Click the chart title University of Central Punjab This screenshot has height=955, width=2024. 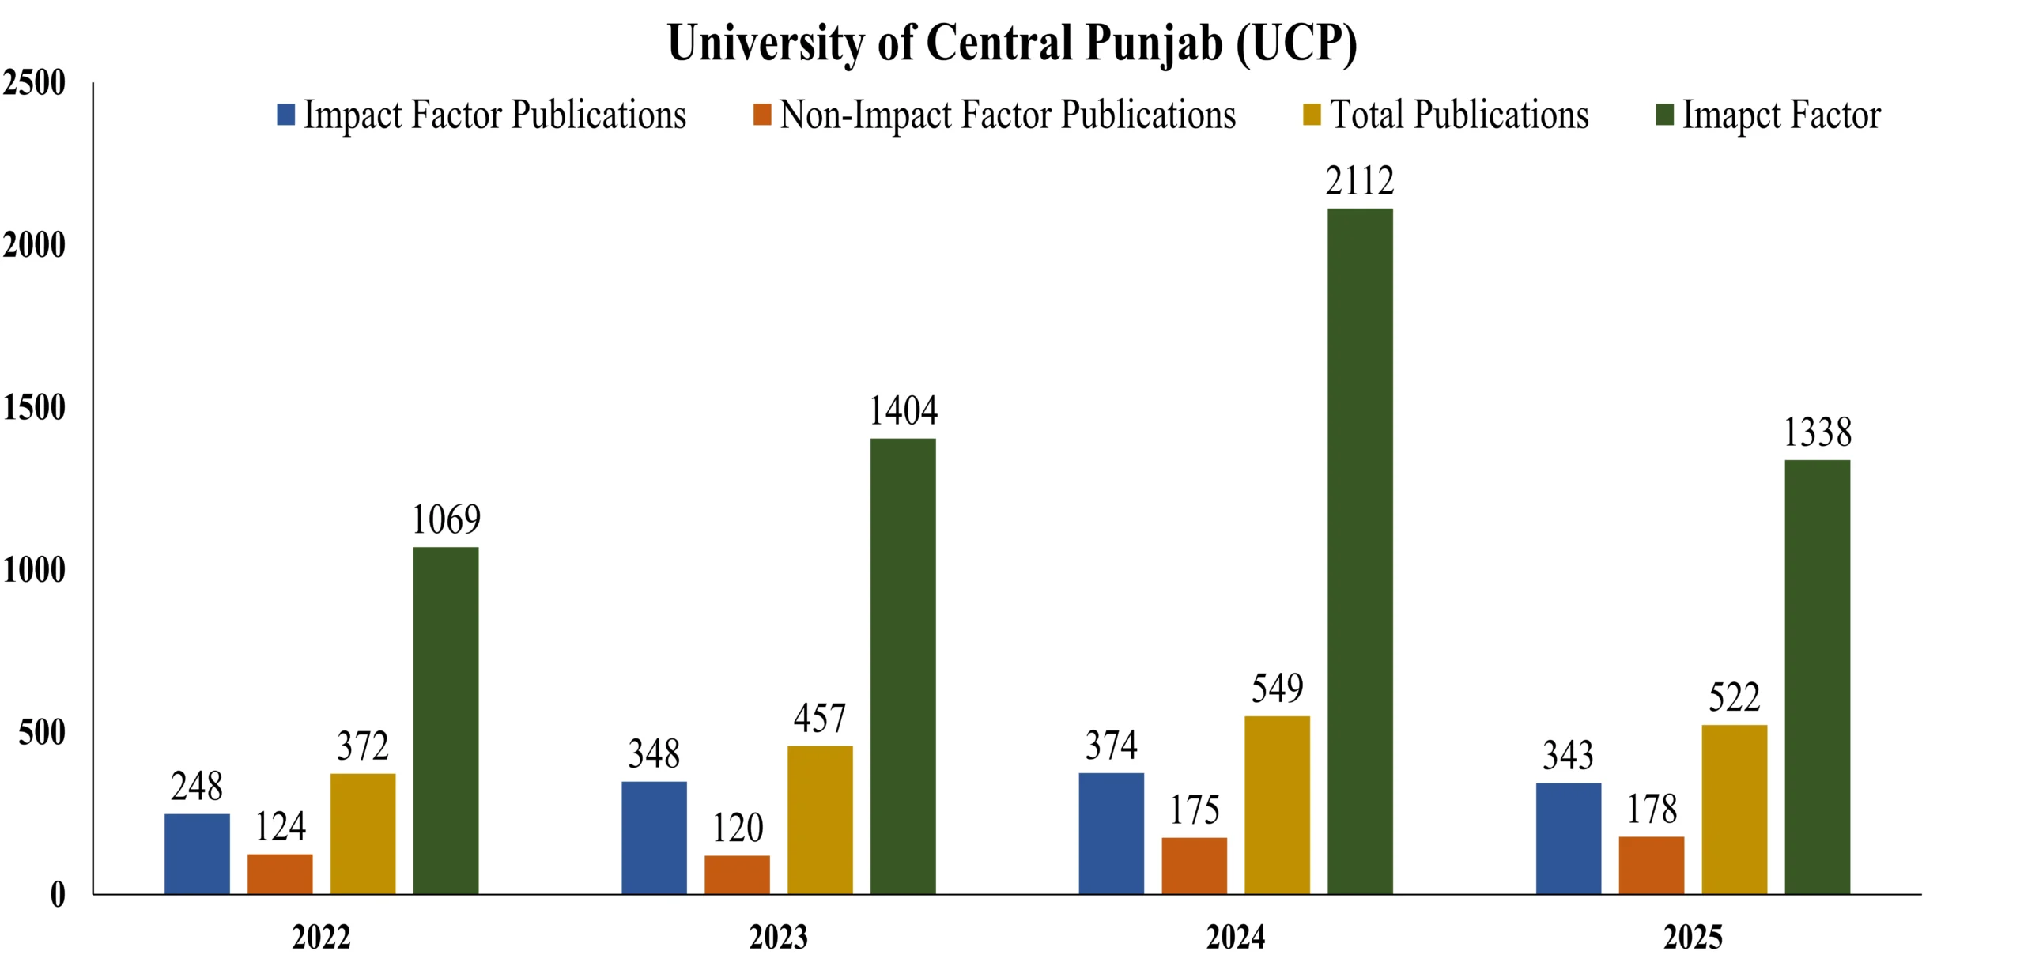pos(1012,43)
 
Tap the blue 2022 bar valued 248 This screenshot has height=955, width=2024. pos(197,854)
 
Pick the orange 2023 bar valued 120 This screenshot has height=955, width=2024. pos(737,874)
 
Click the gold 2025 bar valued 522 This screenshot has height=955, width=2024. pos(1734,810)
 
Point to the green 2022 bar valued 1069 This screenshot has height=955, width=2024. pos(446,720)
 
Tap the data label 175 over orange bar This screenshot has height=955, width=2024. pos(1194,810)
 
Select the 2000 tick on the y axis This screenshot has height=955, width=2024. pos(34,246)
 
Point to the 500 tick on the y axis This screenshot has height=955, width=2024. pos(41,733)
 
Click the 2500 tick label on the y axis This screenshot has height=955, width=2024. pos(34,83)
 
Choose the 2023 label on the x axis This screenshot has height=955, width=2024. pos(778,938)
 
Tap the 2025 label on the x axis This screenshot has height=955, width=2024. pos(1693,938)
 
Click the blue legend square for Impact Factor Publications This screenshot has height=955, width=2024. pos(285,115)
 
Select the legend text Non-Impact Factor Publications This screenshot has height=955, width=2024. pos(1007,115)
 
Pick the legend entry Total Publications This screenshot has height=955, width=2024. pos(1459,115)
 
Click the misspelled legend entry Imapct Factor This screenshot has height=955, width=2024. pos(1780,115)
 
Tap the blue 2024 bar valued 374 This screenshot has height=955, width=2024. pos(1111,833)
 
